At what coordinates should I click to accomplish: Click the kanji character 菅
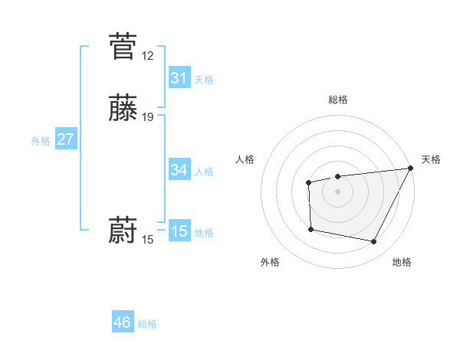(x=123, y=47)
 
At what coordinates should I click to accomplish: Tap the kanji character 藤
(x=123, y=108)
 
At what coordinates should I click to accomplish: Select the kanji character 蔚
(x=123, y=231)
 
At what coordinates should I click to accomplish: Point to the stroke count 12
(x=147, y=56)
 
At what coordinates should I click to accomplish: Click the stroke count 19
(x=147, y=117)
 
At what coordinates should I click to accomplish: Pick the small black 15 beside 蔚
(x=147, y=240)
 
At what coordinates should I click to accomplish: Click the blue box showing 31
(x=179, y=77)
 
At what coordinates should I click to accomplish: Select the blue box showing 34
(x=179, y=169)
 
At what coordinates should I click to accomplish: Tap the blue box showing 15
(x=179, y=231)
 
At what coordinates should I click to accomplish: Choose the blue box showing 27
(x=66, y=139)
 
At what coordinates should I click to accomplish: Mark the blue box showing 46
(x=123, y=322)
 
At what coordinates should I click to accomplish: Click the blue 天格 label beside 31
(x=204, y=80)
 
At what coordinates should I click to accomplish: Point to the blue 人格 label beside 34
(x=204, y=172)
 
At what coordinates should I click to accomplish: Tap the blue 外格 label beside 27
(x=41, y=141)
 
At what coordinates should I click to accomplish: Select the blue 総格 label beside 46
(x=147, y=324)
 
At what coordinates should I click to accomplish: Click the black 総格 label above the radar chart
(x=338, y=100)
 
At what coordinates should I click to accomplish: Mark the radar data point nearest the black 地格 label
(x=374, y=242)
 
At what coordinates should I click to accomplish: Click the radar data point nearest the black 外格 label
(x=310, y=229)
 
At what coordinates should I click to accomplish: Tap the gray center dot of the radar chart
(x=338, y=191)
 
